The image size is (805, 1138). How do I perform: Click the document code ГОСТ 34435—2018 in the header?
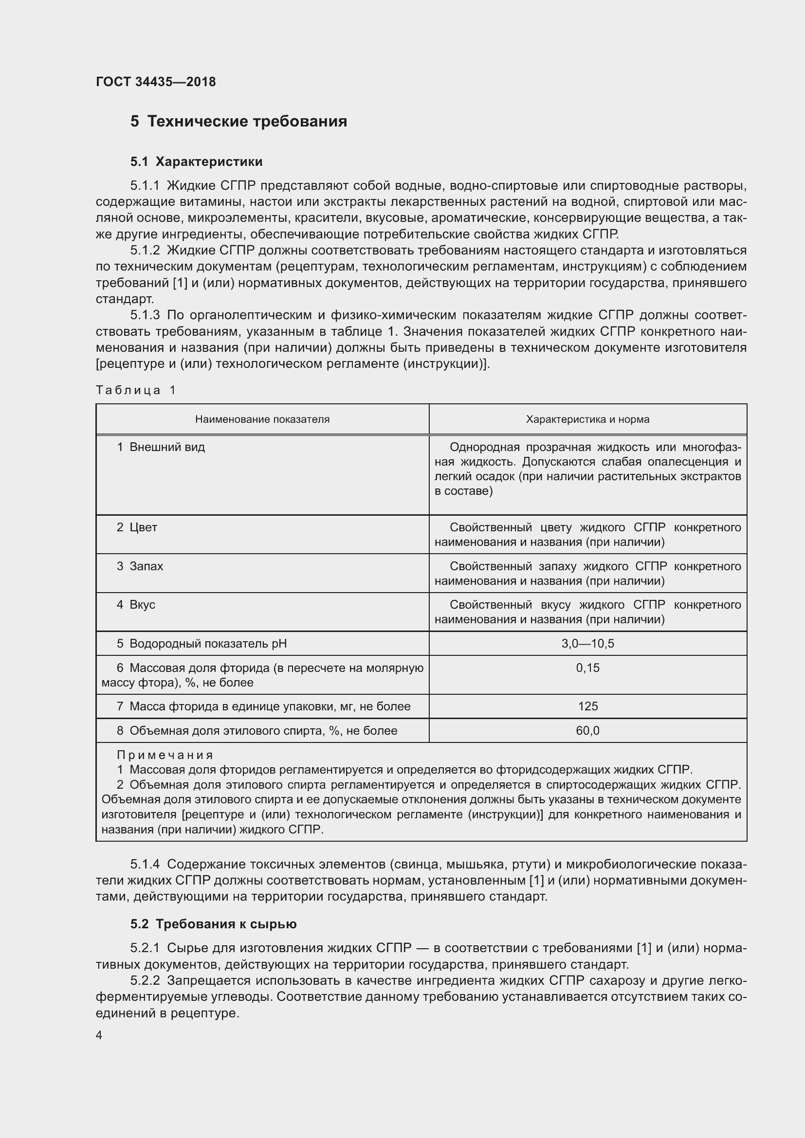coord(156,82)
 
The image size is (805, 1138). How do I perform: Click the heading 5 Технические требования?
coord(238,121)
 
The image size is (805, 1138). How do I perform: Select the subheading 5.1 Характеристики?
coord(196,162)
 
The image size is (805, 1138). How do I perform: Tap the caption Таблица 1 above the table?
coord(136,390)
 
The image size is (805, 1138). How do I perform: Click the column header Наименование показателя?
coord(262,419)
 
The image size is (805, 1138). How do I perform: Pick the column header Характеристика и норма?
coord(587,419)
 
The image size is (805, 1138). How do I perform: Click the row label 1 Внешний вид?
coord(161,447)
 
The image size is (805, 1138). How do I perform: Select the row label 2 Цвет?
coord(137,527)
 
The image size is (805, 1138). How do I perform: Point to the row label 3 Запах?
coord(140,566)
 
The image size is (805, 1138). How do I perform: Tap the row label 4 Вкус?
coord(136,605)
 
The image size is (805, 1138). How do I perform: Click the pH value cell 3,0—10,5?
coord(587,643)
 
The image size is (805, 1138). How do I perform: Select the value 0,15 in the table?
coord(587,668)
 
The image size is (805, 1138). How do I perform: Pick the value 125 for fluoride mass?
coord(587,706)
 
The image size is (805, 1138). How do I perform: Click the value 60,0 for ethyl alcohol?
coord(587,731)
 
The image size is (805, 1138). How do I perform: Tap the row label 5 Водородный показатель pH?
coord(202,643)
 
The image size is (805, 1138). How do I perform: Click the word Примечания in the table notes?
coord(165,755)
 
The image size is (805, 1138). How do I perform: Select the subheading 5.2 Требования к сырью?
coord(213,924)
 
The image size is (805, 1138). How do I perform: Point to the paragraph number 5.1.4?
coord(145,864)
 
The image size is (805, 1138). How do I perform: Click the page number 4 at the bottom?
coord(99,1035)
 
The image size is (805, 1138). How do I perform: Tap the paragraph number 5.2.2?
coord(145,980)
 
